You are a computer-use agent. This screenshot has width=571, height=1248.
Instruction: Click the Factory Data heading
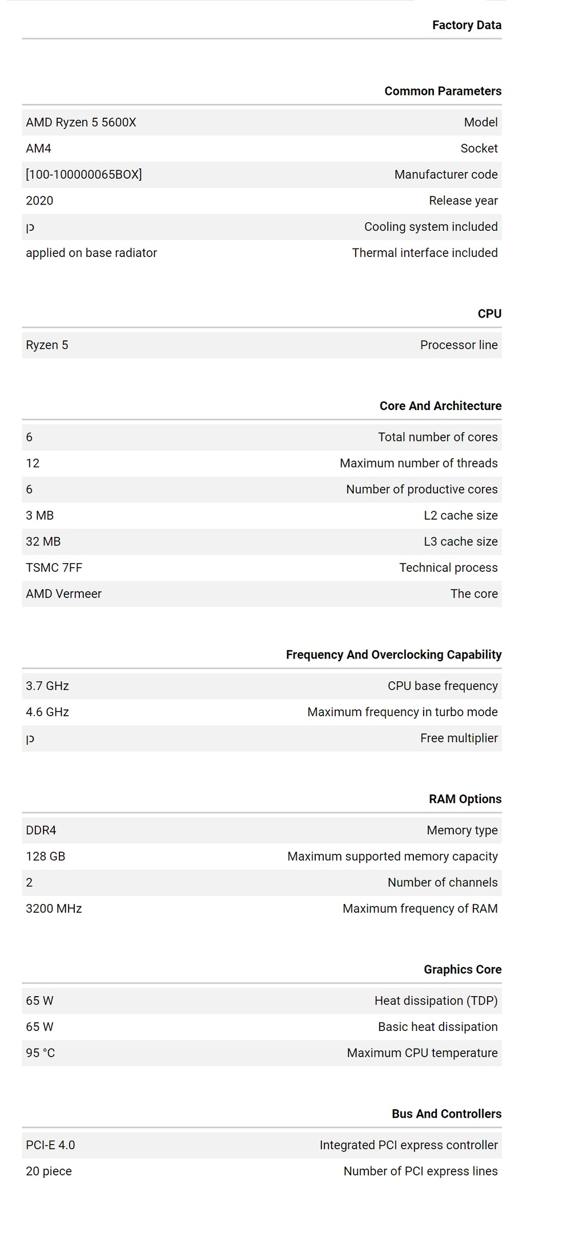point(467,25)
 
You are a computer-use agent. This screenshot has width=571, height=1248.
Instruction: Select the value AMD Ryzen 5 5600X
point(81,122)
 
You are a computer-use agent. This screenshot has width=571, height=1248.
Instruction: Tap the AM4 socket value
point(38,149)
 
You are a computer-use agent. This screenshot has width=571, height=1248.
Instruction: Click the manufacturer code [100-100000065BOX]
point(83,175)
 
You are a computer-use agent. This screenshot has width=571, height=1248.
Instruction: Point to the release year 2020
point(39,200)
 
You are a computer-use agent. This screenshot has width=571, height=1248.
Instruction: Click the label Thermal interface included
point(424,253)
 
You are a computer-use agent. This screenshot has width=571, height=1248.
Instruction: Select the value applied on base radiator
point(91,253)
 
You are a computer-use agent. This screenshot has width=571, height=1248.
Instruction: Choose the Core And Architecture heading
point(440,406)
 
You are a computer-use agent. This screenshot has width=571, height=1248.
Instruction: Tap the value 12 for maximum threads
point(33,463)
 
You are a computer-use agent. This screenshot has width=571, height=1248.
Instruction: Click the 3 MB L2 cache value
point(39,516)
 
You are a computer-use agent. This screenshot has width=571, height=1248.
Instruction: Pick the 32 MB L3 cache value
point(43,541)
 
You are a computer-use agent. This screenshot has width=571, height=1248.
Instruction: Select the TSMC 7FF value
point(54,568)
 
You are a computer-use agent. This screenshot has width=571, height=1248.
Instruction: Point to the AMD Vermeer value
point(63,594)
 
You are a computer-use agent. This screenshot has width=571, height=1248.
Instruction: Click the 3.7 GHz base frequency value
point(47,686)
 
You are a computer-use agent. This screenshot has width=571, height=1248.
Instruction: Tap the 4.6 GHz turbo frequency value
point(47,712)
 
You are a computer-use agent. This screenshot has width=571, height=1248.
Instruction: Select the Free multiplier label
point(459,739)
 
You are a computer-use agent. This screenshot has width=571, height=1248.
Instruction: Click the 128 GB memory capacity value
point(45,857)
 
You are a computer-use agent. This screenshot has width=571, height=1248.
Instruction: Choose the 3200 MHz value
point(54,909)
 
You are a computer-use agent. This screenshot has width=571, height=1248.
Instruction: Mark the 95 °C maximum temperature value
point(40,1053)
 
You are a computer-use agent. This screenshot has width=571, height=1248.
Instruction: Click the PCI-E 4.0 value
point(50,1145)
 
